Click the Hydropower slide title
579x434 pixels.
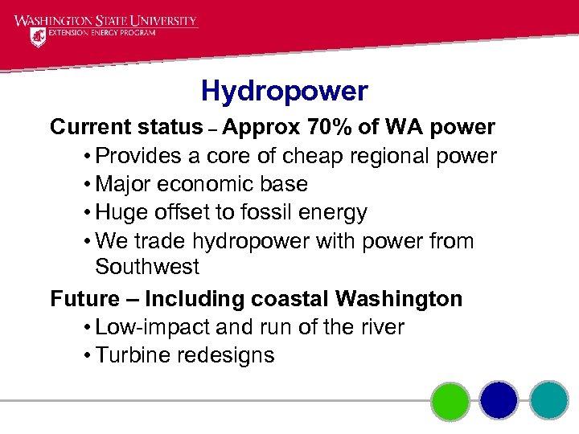[x=284, y=91]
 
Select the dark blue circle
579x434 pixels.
[x=499, y=400]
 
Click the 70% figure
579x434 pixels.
[x=324, y=127]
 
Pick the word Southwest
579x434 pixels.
[x=146, y=267]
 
